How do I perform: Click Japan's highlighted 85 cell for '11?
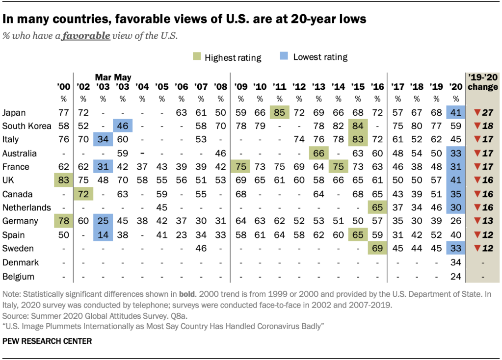click(280, 112)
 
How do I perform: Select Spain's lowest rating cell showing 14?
click(103, 235)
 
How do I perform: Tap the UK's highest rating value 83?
click(63, 180)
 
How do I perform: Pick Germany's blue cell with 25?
click(103, 221)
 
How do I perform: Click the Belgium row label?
click(19, 276)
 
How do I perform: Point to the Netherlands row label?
click(26, 207)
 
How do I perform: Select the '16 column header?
click(377, 87)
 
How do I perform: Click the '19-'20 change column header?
click(483, 82)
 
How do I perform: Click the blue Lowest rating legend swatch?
click(284, 57)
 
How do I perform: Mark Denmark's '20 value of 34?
click(456, 262)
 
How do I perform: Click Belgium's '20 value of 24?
click(456, 276)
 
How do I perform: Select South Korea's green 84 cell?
click(358, 126)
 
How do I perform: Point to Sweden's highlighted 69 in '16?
click(377, 249)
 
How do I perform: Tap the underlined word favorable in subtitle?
click(85, 36)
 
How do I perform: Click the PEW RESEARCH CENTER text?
click(47, 341)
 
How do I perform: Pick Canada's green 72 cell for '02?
click(83, 194)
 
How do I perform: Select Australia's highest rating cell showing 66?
click(319, 153)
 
